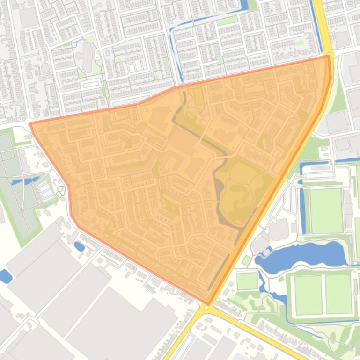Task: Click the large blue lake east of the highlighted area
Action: click(304, 255)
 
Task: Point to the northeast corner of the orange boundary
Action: click(329, 57)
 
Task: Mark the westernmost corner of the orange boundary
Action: click(31, 124)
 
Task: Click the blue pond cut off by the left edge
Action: click(5, 276)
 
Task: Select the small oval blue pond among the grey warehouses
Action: click(79, 245)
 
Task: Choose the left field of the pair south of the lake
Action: click(309, 295)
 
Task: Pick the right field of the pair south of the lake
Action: click(338, 294)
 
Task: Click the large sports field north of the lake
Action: click(326, 210)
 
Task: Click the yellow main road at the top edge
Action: click(320, 19)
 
